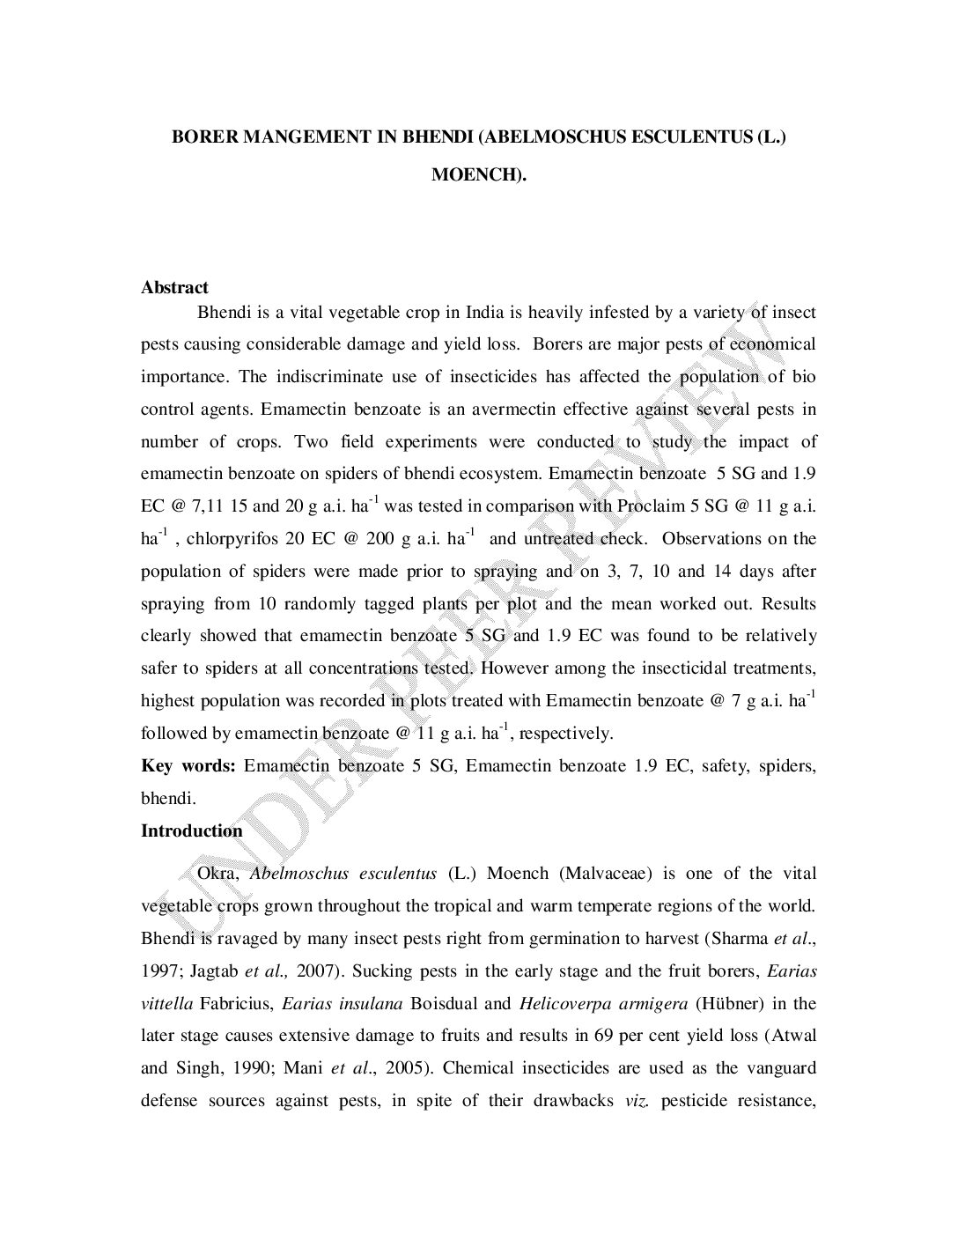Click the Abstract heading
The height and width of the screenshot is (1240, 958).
(174, 287)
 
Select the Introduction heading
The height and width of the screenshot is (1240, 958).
(191, 830)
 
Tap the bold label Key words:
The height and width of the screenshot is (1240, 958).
(188, 765)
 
